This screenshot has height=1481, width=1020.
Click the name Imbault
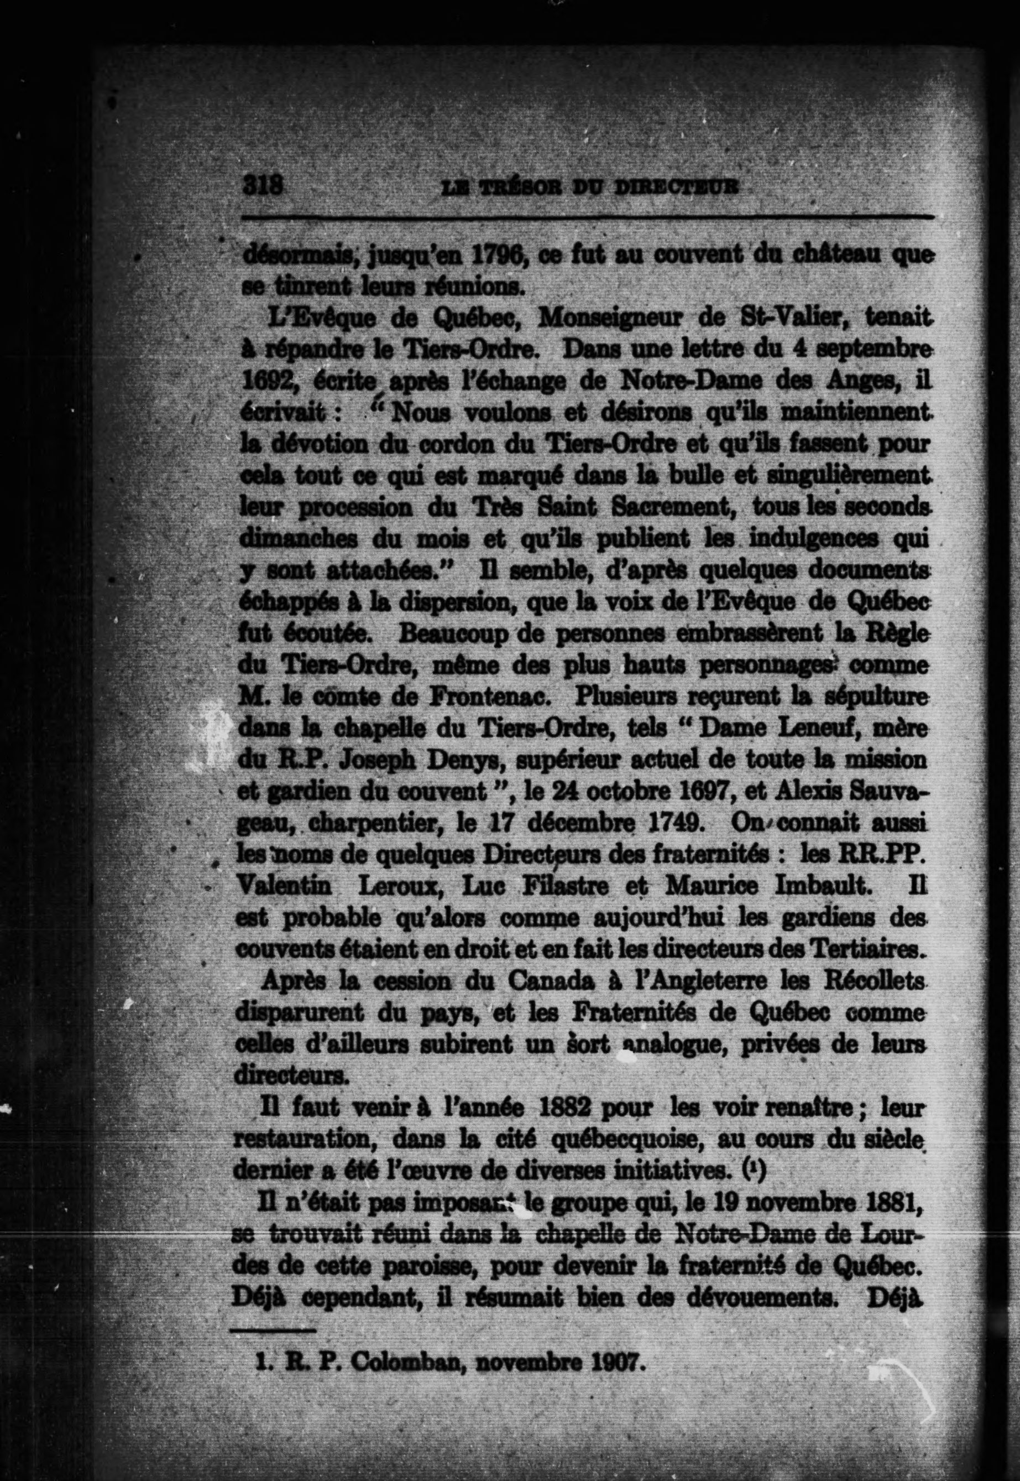[x=811, y=886]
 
